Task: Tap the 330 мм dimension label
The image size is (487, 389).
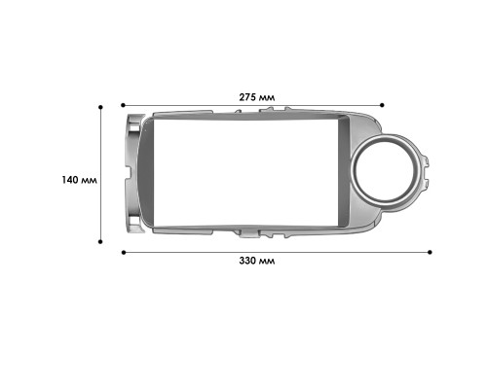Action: (x=257, y=264)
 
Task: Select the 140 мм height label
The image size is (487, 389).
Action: (x=79, y=180)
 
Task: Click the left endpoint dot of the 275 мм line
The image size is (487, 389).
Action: (x=123, y=104)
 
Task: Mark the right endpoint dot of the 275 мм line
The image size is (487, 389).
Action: (x=384, y=104)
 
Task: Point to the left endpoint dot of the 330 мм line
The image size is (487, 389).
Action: (x=123, y=252)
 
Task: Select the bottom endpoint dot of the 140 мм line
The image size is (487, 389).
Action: (x=102, y=239)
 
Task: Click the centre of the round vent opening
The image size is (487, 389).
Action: (x=390, y=176)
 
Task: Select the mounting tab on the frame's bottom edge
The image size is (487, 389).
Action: (x=248, y=233)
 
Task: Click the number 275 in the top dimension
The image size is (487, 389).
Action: (x=247, y=96)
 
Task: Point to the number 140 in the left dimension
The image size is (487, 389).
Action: (x=70, y=180)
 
